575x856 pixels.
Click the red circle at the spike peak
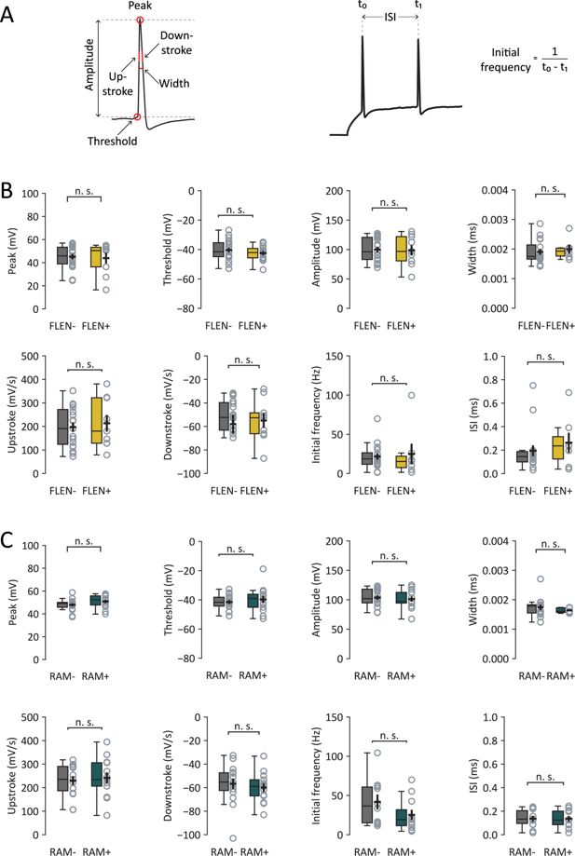(140, 20)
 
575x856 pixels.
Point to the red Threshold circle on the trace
(137, 117)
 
